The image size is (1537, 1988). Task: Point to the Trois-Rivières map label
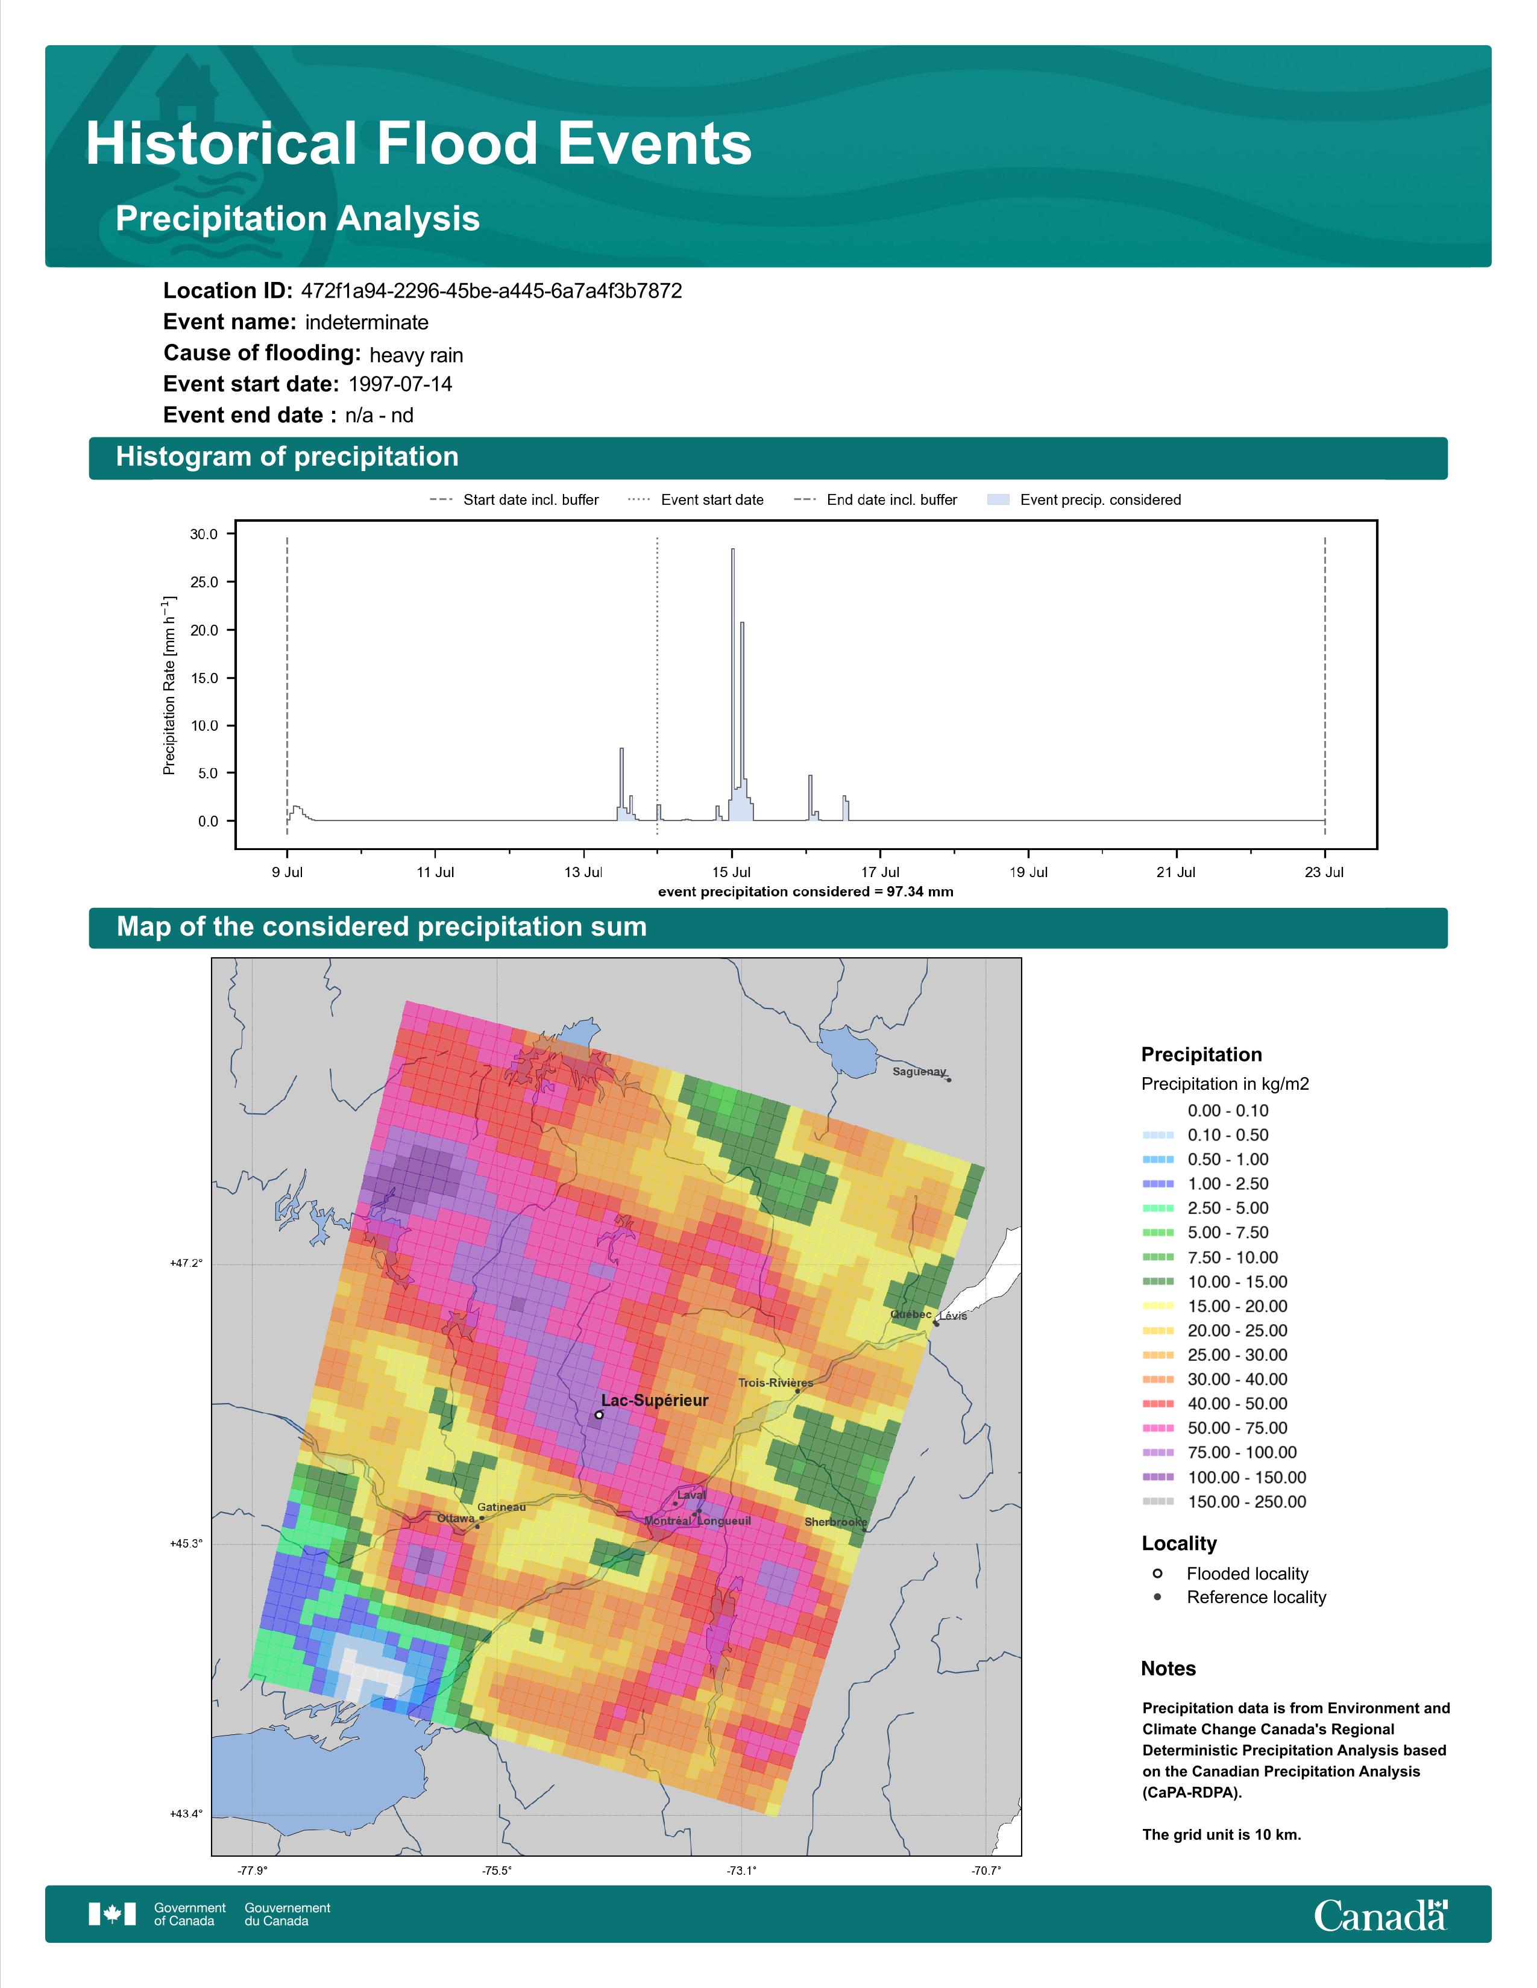(776, 1383)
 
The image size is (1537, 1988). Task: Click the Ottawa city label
(455, 1518)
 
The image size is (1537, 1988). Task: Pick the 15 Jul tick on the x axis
(731, 872)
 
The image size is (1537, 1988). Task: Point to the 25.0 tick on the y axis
(204, 583)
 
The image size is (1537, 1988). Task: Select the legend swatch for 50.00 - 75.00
(1157, 1428)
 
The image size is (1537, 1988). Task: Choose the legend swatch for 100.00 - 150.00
(1157, 1477)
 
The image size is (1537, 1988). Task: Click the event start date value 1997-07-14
(400, 384)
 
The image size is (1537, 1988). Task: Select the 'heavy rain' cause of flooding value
(416, 355)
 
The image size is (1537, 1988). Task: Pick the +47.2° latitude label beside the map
(187, 1263)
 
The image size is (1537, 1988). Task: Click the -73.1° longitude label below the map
(741, 1871)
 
